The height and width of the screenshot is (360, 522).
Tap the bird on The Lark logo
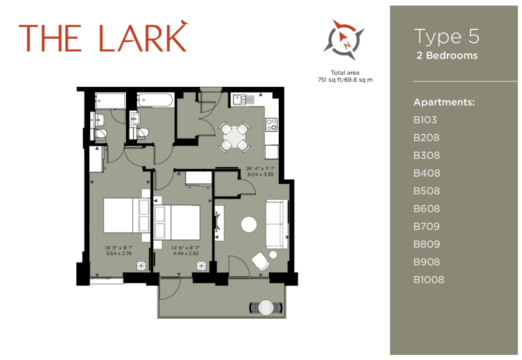(x=184, y=22)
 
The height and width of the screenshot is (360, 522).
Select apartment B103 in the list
(x=425, y=120)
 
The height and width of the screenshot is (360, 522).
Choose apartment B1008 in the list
(x=429, y=280)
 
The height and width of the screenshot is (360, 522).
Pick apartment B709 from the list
(x=426, y=226)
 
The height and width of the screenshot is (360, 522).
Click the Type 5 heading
(x=447, y=37)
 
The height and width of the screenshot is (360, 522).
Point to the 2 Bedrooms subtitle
(x=447, y=55)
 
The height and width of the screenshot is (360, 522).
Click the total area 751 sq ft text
(x=345, y=76)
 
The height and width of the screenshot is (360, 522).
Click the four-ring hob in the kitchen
(x=271, y=125)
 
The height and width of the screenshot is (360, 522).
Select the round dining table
(x=234, y=137)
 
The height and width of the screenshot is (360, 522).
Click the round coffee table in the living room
(x=249, y=224)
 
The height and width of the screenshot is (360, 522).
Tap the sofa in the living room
(x=277, y=224)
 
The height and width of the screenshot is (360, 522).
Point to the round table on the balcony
(x=266, y=308)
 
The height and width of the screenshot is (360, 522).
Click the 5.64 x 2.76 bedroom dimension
(x=119, y=253)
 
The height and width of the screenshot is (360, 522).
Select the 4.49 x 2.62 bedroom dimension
(x=186, y=253)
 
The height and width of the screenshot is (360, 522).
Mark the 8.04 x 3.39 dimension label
(x=260, y=174)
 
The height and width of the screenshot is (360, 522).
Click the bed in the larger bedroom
(x=126, y=215)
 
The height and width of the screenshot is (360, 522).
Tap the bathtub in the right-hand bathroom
(x=156, y=100)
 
